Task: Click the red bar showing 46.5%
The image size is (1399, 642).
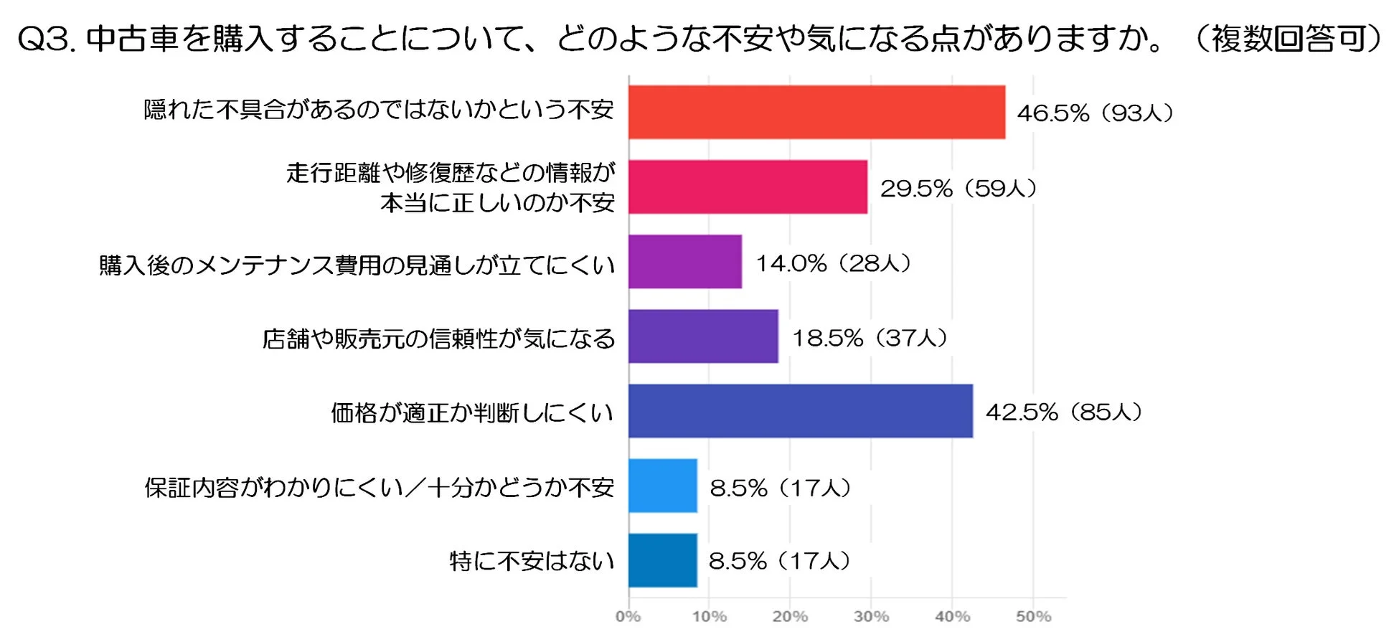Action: click(x=816, y=112)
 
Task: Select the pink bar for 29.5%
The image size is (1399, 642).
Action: click(x=748, y=187)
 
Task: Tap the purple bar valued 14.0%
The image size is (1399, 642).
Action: click(x=685, y=262)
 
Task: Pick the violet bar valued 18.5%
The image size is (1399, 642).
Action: click(x=703, y=336)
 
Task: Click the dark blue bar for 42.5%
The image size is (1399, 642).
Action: click(x=801, y=411)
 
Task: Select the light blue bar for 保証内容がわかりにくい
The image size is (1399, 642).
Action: click(x=663, y=486)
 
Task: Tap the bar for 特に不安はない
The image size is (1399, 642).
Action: click(x=663, y=560)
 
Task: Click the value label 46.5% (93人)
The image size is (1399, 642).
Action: click(x=1095, y=113)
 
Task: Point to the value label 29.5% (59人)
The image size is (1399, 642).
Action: click(x=958, y=188)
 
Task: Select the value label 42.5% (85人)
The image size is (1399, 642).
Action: click(x=1064, y=412)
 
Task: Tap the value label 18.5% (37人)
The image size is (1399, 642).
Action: click(x=870, y=338)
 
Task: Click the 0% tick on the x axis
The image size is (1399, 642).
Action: click(x=628, y=616)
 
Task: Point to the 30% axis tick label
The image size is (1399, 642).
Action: click(x=871, y=616)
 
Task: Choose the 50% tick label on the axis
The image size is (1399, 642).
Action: click(x=1033, y=616)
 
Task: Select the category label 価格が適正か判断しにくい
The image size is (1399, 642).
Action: click(x=472, y=412)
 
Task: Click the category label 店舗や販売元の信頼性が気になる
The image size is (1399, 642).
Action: click(x=438, y=339)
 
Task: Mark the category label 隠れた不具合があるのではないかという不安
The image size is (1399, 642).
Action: click(x=379, y=110)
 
